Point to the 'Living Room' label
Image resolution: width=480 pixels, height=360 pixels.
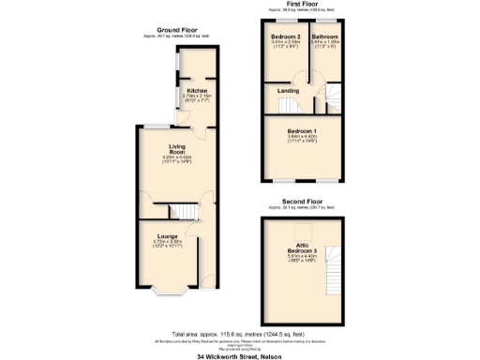(x=177, y=149)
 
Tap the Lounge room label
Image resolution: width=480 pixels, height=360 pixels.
(x=168, y=236)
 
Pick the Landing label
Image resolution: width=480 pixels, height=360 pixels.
(x=289, y=91)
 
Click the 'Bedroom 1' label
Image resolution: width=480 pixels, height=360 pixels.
(x=302, y=129)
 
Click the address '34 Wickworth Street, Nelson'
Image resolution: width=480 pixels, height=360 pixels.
(x=239, y=355)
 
